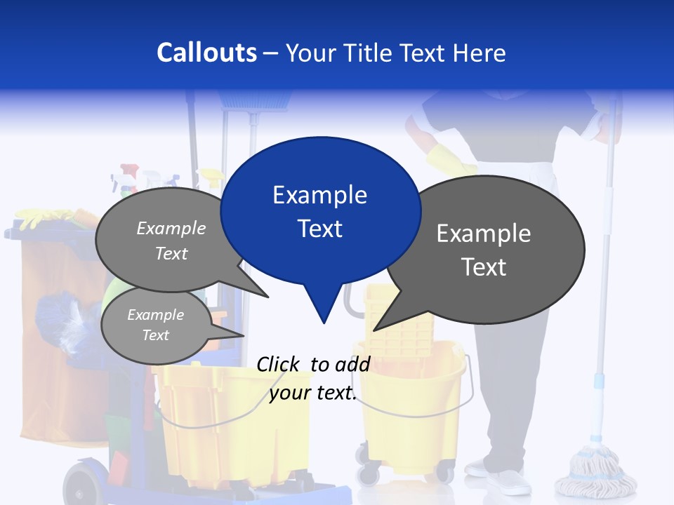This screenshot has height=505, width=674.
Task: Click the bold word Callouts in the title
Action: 206,53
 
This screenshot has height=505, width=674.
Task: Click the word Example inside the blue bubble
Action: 319,195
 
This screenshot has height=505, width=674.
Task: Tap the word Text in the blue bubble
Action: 319,229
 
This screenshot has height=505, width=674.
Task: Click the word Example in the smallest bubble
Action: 155,315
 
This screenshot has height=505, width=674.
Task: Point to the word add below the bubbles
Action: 352,364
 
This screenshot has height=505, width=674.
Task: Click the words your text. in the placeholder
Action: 313,393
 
